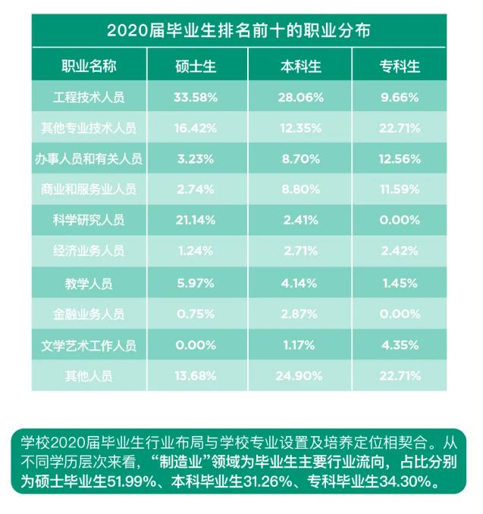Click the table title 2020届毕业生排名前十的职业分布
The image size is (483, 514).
238,31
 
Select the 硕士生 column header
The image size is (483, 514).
196,66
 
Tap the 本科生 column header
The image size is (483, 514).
302,66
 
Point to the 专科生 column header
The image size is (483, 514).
400,66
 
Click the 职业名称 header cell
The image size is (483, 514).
89,66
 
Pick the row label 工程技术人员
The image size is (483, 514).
89,98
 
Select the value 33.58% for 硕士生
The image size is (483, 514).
196,98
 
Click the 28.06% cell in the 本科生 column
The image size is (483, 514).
302,98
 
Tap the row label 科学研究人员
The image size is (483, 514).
89,220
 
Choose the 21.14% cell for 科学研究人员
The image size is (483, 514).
196,220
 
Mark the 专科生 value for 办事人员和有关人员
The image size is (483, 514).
400,159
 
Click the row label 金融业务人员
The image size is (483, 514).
89,313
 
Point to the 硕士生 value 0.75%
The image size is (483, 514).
196,313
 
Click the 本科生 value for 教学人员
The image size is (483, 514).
302,283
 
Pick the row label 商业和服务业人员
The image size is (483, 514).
89,190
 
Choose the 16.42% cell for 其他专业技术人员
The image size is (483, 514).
196,128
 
